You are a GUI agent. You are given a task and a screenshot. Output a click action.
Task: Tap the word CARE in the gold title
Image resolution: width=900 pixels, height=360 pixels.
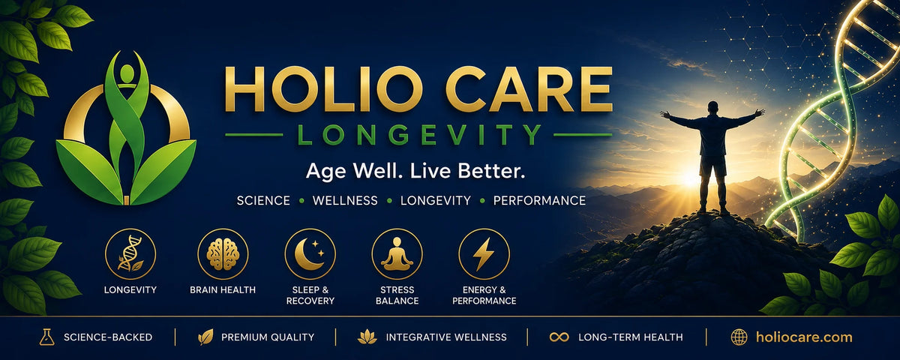529,88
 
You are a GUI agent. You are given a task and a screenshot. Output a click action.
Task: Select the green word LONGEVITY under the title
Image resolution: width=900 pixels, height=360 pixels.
419,134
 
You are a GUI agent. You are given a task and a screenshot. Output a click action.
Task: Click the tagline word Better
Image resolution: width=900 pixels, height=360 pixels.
491,171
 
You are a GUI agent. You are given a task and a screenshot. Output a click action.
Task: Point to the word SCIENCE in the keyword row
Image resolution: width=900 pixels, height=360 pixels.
263,200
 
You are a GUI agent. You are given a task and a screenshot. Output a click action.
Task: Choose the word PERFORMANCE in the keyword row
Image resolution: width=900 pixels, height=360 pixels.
539,200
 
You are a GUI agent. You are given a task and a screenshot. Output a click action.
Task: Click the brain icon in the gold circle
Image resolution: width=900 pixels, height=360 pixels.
223,254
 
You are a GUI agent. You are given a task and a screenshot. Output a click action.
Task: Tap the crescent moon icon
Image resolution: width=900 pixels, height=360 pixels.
309,254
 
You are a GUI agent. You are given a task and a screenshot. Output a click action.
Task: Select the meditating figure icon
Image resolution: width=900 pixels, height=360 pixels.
397,254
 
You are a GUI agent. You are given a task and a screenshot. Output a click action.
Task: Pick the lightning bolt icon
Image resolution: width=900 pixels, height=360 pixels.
483,254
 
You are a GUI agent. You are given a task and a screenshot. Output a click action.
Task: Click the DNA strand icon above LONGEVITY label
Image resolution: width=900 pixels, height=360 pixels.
130,253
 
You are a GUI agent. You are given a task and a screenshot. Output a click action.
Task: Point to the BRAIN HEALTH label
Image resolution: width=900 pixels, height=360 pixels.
223,289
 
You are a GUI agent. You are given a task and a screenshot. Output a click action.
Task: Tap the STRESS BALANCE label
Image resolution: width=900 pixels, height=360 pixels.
397,295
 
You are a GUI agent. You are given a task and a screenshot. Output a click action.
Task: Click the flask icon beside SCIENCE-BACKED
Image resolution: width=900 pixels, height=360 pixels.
46,337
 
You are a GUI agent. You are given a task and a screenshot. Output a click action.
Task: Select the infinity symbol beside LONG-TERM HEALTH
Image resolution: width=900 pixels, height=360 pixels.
559,337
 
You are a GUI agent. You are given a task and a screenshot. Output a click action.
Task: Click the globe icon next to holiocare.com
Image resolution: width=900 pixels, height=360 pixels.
739,337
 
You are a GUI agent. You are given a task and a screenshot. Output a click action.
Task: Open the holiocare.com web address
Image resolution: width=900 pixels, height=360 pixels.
804,337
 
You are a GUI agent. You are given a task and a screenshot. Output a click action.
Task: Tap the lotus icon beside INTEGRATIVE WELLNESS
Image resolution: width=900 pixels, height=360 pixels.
367,337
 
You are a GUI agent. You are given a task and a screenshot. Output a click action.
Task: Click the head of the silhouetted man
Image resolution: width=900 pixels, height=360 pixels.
712,108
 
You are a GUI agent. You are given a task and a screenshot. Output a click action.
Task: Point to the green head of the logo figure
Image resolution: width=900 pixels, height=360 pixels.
127,73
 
